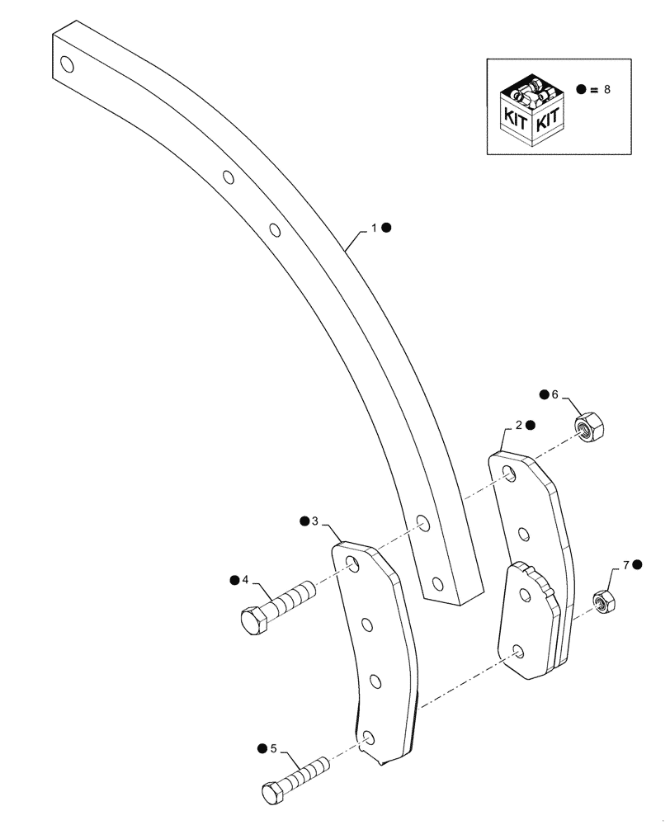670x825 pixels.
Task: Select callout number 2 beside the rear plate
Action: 518,425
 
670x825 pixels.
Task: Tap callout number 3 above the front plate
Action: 315,521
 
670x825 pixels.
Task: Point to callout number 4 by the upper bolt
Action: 245,580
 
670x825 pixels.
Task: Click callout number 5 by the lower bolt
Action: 272,749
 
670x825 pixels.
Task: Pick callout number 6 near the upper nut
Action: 555,395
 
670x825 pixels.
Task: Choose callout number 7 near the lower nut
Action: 626,565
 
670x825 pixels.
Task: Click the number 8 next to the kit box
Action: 607,89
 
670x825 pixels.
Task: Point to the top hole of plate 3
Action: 353,564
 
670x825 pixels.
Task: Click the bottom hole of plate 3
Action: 369,737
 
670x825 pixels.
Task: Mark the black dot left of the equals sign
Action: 581,89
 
